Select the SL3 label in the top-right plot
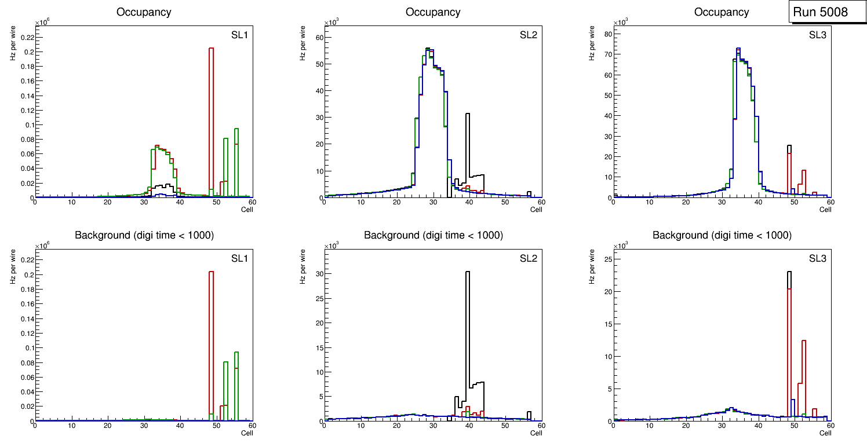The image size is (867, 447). (818, 34)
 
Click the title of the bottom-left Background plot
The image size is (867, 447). (143, 235)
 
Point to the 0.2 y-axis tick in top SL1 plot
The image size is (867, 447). (27, 52)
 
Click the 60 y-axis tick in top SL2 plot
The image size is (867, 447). (318, 38)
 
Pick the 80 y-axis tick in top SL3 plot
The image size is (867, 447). (607, 34)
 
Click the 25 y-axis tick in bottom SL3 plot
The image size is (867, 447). (607, 257)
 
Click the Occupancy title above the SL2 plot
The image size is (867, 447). (433, 12)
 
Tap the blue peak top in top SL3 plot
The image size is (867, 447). (738, 49)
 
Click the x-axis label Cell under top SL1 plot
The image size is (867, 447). (247, 210)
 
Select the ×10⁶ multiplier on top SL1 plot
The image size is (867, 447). (41, 23)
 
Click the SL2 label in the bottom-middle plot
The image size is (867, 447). (529, 258)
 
